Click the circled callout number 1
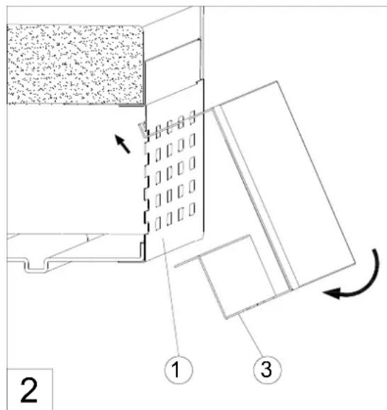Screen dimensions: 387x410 pos(179,369)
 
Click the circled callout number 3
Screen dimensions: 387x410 pos(267,369)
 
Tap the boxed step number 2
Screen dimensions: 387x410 pos(29,390)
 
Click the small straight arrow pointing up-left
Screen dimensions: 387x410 pos(123,144)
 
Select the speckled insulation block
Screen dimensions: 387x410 pos(75,64)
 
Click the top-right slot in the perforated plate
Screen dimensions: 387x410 pos(192,117)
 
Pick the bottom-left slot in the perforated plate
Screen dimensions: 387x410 pos(158,224)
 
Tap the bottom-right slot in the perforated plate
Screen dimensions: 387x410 pos(192,209)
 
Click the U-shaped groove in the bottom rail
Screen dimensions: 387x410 pos(36,267)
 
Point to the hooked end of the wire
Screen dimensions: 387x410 pos(142,130)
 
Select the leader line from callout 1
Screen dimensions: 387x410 pos(171,296)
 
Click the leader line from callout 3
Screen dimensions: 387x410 pos(250,335)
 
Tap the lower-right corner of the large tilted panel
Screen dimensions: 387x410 pos(355,263)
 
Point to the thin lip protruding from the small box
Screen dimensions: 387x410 pos(188,261)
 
